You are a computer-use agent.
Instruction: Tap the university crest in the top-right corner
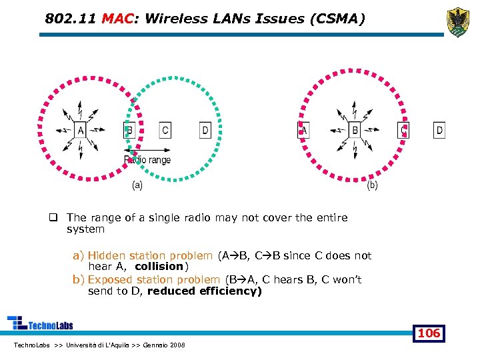(x=457, y=21)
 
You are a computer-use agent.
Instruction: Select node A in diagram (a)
(x=80, y=130)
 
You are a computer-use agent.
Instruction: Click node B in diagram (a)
(x=129, y=130)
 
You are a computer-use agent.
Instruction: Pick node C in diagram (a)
(x=165, y=130)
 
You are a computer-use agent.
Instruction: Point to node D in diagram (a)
(x=205, y=130)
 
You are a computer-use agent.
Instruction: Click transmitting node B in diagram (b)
(x=355, y=130)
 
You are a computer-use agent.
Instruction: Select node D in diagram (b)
(x=439, y=130)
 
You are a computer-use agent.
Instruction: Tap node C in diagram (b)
(x=403, y=130)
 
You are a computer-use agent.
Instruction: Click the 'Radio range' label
(x=148, y=160)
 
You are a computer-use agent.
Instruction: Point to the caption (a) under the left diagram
(x=137, y=185)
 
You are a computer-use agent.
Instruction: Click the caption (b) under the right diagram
(x=372, y=185)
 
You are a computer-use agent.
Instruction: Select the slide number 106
(x=429, y=333)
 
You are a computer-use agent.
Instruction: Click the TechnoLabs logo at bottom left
(x=40, y=324)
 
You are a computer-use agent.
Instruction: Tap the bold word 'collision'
(x=159, y=267)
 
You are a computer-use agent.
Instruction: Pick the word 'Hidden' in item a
(x=105, y=255)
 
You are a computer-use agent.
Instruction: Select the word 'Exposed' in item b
(x=109, y=279)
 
